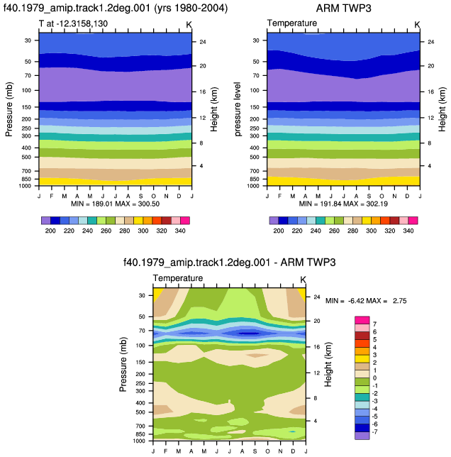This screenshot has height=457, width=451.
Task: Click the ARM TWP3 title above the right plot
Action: [x=343, y=9]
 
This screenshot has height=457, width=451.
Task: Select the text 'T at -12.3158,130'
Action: [x=73, y=23]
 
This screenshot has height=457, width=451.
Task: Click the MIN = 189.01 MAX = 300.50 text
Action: [x=116, y=204]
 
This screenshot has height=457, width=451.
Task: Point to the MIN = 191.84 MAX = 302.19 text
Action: [x=343, y=204]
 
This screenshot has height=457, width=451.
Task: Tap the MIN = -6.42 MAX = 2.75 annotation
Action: [x=366, y=300]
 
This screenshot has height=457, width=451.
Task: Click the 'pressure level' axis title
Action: [x=238, y=109]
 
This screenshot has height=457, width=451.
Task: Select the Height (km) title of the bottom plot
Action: [x=328, y=364]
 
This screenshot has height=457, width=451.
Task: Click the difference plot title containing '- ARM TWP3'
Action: [x=230, y=263]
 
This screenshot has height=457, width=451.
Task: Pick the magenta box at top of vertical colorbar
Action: [x=362, y=320]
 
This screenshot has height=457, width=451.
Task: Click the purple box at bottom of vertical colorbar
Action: [x=362, y=436]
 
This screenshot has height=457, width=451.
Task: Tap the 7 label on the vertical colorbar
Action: [x=374, y=324]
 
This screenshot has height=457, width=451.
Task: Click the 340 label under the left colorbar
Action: [x=180, y=231]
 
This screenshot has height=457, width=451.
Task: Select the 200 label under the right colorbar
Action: [x=279, y=231]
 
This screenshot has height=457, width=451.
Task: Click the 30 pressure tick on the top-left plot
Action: [x=28, y=40]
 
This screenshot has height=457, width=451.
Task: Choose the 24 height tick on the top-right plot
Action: [x=431, y=42]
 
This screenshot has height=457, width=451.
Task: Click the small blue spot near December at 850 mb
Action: [x=292, y=431]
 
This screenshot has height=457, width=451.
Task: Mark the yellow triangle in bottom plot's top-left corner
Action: [x=157, y=293]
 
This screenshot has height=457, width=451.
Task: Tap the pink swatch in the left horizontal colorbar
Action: [x=176, y=220]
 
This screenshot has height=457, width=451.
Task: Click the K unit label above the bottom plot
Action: [x=303, y=280]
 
